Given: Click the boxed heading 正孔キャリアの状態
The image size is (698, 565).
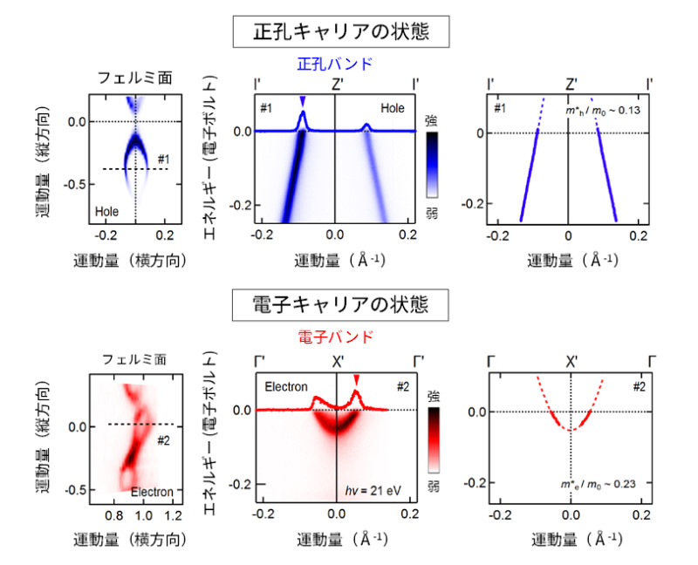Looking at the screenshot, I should pyautogui.click(x=342, y=33).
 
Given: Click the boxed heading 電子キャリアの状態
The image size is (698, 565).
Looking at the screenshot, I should pyautogui.click(x=342, y=306).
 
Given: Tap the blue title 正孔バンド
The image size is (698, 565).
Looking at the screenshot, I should pyautogui.click(x=336, y=64).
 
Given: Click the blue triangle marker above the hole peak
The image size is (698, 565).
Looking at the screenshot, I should pyautogui.click(x=303, y=101).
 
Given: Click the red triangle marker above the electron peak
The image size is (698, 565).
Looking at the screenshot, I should pyautogui.click(x=356, y=378).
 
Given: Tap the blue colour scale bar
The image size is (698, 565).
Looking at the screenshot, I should pyautogui.click(x=433, y=165).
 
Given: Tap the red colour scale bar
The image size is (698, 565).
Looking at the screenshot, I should pyautogui.click(x=433, y=444).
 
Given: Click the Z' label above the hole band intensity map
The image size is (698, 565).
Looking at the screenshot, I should pyautogui.click(x=336, y=85).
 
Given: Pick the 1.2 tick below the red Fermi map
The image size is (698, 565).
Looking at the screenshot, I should pyautogui.click(x=174, y=515).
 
